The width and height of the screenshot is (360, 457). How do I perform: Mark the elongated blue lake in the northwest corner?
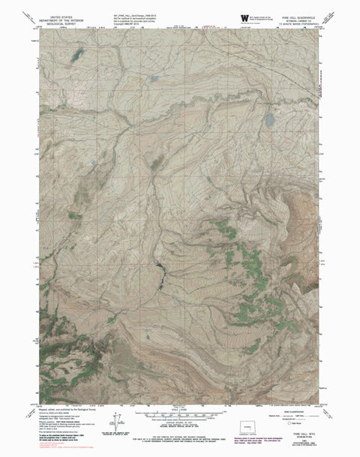pyautogui.click(x=75, y=56)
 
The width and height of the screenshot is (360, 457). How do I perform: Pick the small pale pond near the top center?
pyautogui.click(x=154, y=78)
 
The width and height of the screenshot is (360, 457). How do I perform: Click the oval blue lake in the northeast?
pyautogui.click(x=269, y=119)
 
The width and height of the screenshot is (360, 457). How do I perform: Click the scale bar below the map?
pyautogui.click(x=180, y=413)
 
